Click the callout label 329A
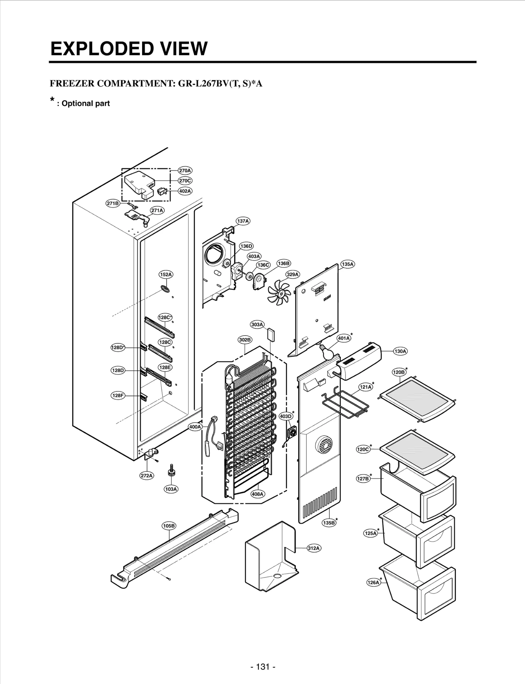[293, 274]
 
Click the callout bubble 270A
[185, 170]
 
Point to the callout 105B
[169, 526]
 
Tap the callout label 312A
[314, 548]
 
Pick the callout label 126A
[373, 592]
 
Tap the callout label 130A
[400, 351]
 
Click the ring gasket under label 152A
[165, 289]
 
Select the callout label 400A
[195, 427]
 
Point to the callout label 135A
[347, 264]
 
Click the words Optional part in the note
[86, 103]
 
